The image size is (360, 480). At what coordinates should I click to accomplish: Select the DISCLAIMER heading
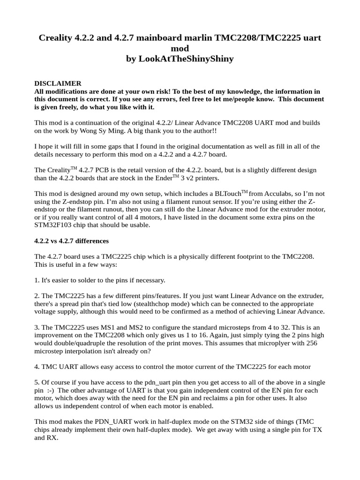point(58,83)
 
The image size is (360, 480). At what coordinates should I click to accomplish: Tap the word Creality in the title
point(55,37)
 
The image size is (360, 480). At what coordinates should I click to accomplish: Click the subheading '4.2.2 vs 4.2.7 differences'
point(71,241)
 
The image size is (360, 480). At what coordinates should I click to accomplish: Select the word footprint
point(254,257)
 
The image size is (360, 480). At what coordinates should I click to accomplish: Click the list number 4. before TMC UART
point(37,367)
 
